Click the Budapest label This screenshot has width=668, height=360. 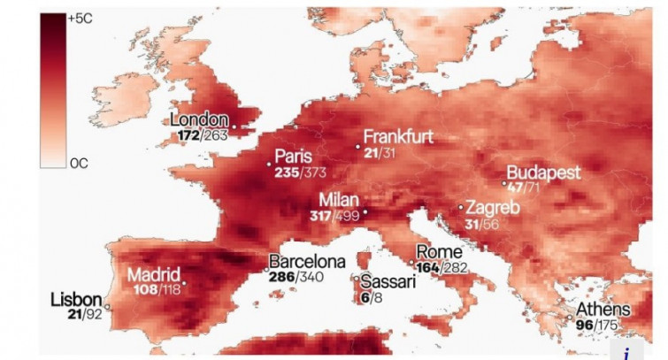point(543,172)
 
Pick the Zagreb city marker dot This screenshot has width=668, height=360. point(461,207)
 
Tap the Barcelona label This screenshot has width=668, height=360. point(306,262)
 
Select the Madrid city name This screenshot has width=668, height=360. point(154,273)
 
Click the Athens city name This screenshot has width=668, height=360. point(603,310)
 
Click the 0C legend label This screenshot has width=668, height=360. point(79,163)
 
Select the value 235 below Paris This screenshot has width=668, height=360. point(287,171)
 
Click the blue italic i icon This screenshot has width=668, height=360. point(626,352)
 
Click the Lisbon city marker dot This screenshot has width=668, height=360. point(107,307)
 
